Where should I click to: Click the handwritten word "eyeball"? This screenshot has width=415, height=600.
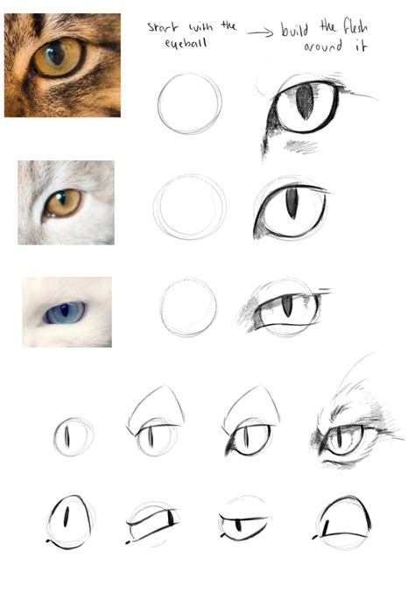[x=186, y=43]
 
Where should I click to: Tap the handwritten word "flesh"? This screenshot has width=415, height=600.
[x=355, y=27]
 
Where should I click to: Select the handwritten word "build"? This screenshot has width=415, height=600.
[x=295, y=30]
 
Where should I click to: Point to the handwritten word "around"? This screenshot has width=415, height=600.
[x=323, y=46]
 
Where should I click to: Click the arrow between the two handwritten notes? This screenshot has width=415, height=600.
[x=260, y=33]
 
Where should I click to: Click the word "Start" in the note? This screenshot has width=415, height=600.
[x=163, y=27]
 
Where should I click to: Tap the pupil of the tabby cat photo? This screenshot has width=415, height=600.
[x=56, y=53]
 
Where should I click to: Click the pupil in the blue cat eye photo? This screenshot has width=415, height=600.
[x=65, y=310]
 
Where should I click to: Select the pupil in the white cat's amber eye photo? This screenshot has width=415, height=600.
[x=61, y=199]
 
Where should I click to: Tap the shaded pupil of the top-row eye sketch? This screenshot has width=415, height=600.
[x=305, y=102]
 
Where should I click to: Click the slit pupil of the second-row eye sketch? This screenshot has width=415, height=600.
[x=292, y=203]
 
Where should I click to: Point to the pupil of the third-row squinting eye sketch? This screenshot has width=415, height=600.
[x=287, y=306]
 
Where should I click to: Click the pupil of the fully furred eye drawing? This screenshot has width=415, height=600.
[x=340, y=438]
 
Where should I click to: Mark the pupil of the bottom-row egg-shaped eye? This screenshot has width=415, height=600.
[x=67, y=517]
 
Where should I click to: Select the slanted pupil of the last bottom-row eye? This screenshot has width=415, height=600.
[x=326, y=528]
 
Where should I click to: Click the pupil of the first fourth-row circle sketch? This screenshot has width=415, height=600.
[x=67, y=436]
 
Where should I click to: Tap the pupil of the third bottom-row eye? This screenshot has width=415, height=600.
[x=239, y=526]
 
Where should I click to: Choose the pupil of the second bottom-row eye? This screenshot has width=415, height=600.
[x=171, y=518]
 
